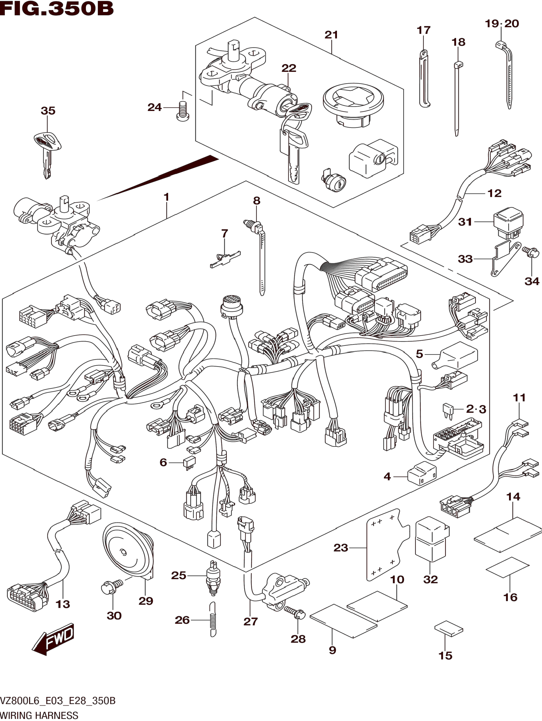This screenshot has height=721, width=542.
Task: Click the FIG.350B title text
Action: [x=57, y=9]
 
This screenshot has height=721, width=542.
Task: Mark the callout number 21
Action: [x=331, y=35]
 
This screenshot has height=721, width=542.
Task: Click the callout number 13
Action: [x=63, y=604]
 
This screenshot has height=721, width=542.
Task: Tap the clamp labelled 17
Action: [x=423, y=78]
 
